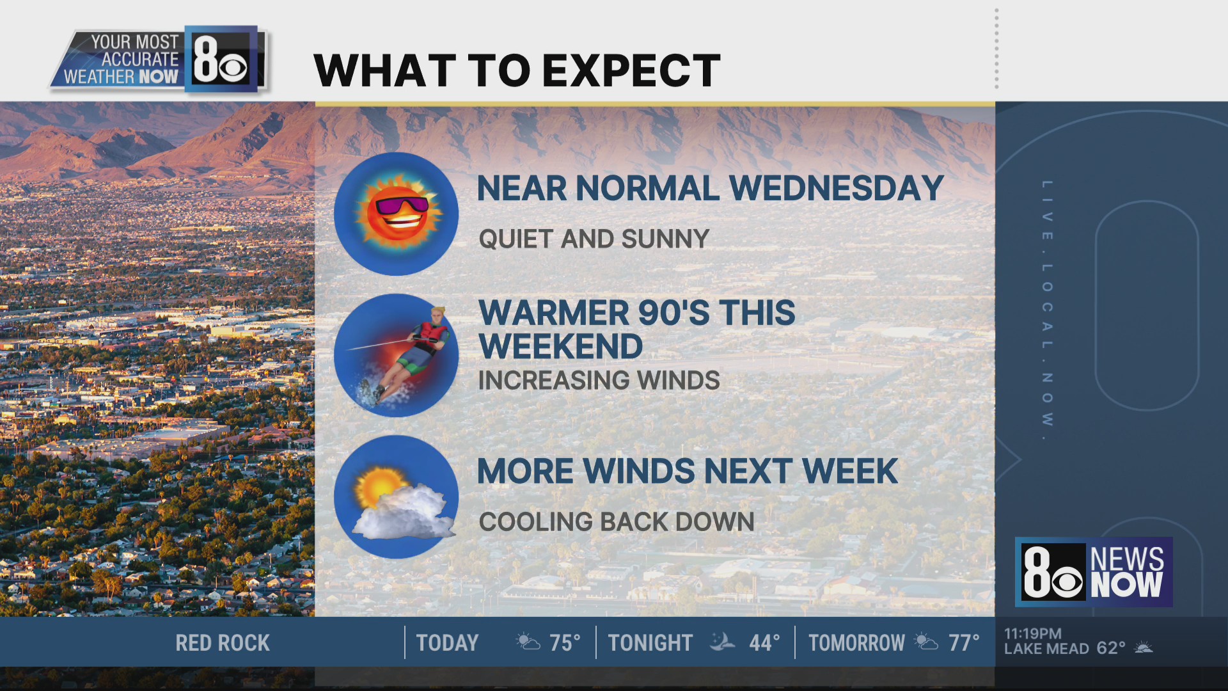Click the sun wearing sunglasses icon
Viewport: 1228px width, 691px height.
point(396,214)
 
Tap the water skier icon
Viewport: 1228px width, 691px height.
point(396,355)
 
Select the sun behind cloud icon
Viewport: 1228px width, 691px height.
point(396,497)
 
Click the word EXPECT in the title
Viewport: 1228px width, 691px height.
point(633,70)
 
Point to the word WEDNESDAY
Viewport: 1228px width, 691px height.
point(836,188)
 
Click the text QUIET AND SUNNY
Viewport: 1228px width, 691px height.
point(594,239)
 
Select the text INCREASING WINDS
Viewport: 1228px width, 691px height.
point(599,381)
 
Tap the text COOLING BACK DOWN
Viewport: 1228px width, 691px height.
point(617,522)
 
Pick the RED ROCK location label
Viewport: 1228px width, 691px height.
point(223,643)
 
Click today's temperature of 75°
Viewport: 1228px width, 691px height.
point(565,643)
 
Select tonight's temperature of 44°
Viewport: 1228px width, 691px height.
point(764,643)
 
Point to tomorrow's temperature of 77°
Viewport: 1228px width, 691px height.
point(964,643)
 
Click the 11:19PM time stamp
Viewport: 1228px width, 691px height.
point(1033,633)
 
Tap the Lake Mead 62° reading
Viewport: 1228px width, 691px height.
point(1065,648)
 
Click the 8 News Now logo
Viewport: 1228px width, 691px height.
point(1094,572)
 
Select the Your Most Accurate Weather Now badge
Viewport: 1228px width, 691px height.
point(159,60)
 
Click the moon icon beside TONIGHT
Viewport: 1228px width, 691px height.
point(722,642)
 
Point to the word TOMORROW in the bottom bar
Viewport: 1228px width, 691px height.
point(856,643)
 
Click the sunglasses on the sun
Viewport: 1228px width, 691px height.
point(402,205)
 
